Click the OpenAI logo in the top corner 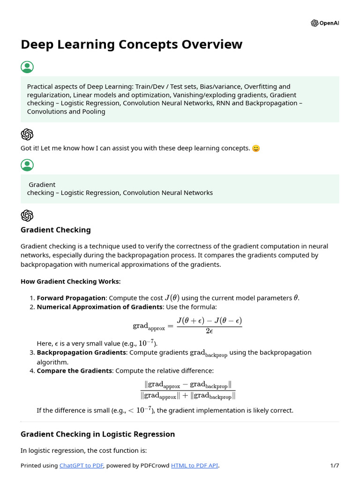[315, 23]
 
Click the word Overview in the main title [210, 45]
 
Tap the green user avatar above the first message [27, 67]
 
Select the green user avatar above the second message [27, 165]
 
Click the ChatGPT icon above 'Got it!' [27, 135]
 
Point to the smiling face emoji [256, 149]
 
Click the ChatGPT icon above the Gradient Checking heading [27, 216]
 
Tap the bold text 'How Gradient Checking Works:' [70, 281]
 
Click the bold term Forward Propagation [71, 298]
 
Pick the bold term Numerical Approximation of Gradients [99, 307]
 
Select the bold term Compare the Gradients [74, 370]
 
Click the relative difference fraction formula [188, 390]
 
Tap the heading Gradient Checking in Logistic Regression [97, 434]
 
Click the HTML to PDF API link [195, 465]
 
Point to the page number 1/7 [334, 465]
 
